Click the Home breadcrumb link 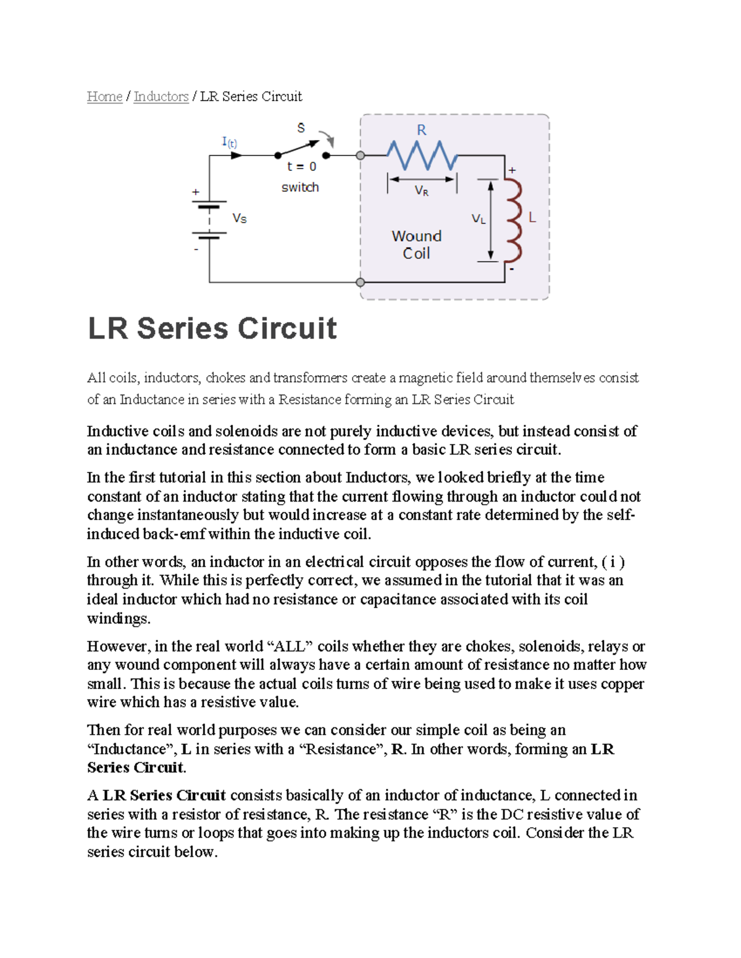coord(104,97)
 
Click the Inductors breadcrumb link coord(161,97)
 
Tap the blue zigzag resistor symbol coord(422,155)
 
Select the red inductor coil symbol coord(513,221)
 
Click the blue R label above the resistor coord(421,130)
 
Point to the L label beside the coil coord(532,218)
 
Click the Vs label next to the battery coord(240,218)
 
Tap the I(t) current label coord(229,142)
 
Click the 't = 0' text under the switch coord(301,167)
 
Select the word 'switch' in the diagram coord(300,188)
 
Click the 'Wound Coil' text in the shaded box coord(417,245)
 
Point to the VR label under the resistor coord(422,191)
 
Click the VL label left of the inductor coord(479,219)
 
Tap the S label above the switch coord(301,128)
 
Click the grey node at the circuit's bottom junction coord(361,283)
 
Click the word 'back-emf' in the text coord(174,534)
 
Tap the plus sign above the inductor coord(512,170)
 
